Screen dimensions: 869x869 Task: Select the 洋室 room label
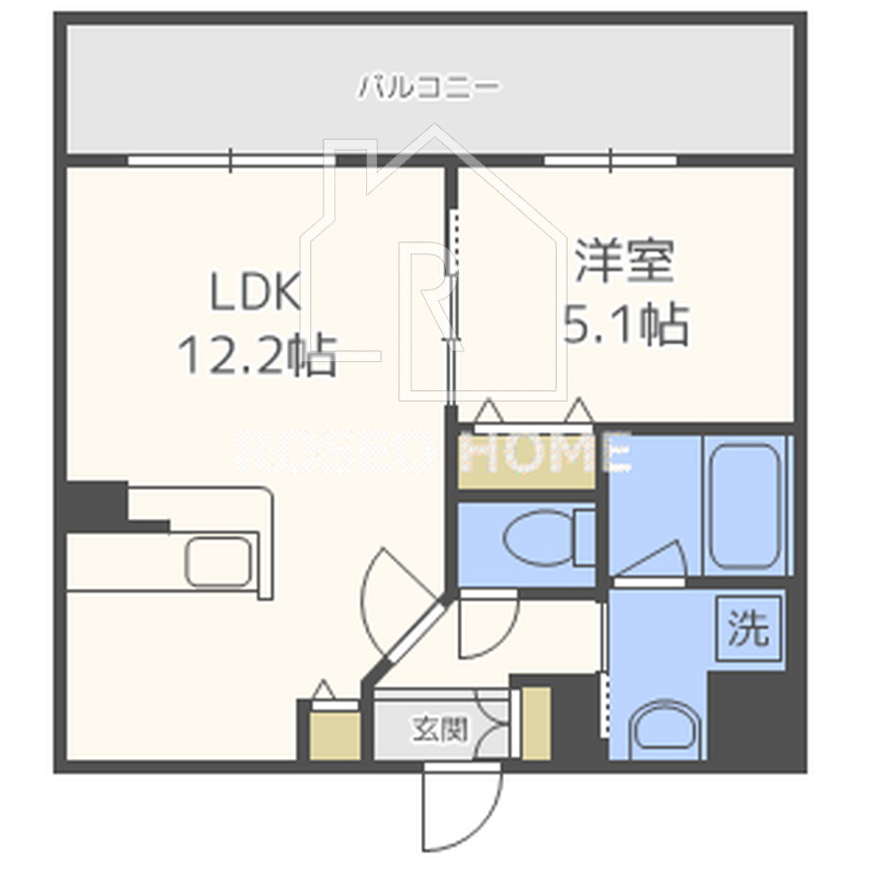coord(625,262)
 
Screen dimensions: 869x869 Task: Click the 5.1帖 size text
coord(626,324)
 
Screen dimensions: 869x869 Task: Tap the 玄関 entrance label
coord(439,729)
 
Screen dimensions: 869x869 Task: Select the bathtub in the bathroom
coord(743,505)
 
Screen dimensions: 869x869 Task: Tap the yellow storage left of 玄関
coord(334,734)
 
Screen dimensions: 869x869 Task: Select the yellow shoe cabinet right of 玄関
coord(536,723)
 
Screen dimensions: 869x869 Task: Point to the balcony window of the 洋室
coord(611,161)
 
